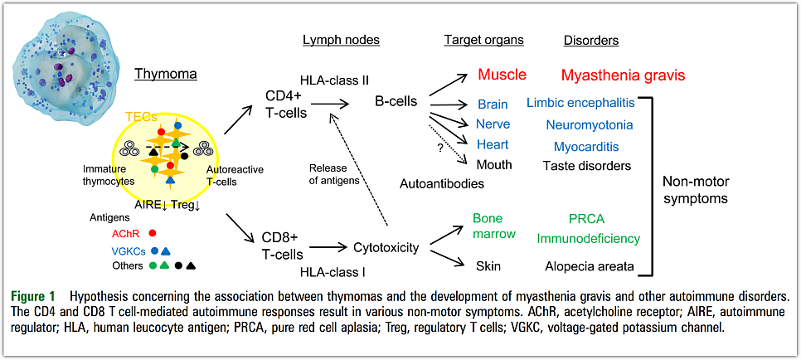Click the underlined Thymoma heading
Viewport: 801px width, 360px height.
point(167,74)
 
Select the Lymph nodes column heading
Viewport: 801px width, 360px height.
point(341,40)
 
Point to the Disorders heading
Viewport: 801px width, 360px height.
point(591,40)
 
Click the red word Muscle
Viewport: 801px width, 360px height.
point(502,75)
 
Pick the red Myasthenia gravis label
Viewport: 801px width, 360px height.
point(623,75)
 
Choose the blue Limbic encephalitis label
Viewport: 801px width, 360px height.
point(580,103)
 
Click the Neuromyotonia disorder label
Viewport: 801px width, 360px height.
point(589,124)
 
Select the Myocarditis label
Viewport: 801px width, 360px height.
point(588,146)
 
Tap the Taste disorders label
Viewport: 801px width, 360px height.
point(587,166)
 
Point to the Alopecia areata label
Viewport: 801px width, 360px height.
point(588,266)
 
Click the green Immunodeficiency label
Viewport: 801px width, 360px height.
point(588,239)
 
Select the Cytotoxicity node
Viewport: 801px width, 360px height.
point(386,246)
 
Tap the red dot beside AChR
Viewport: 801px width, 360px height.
point(152,234)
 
